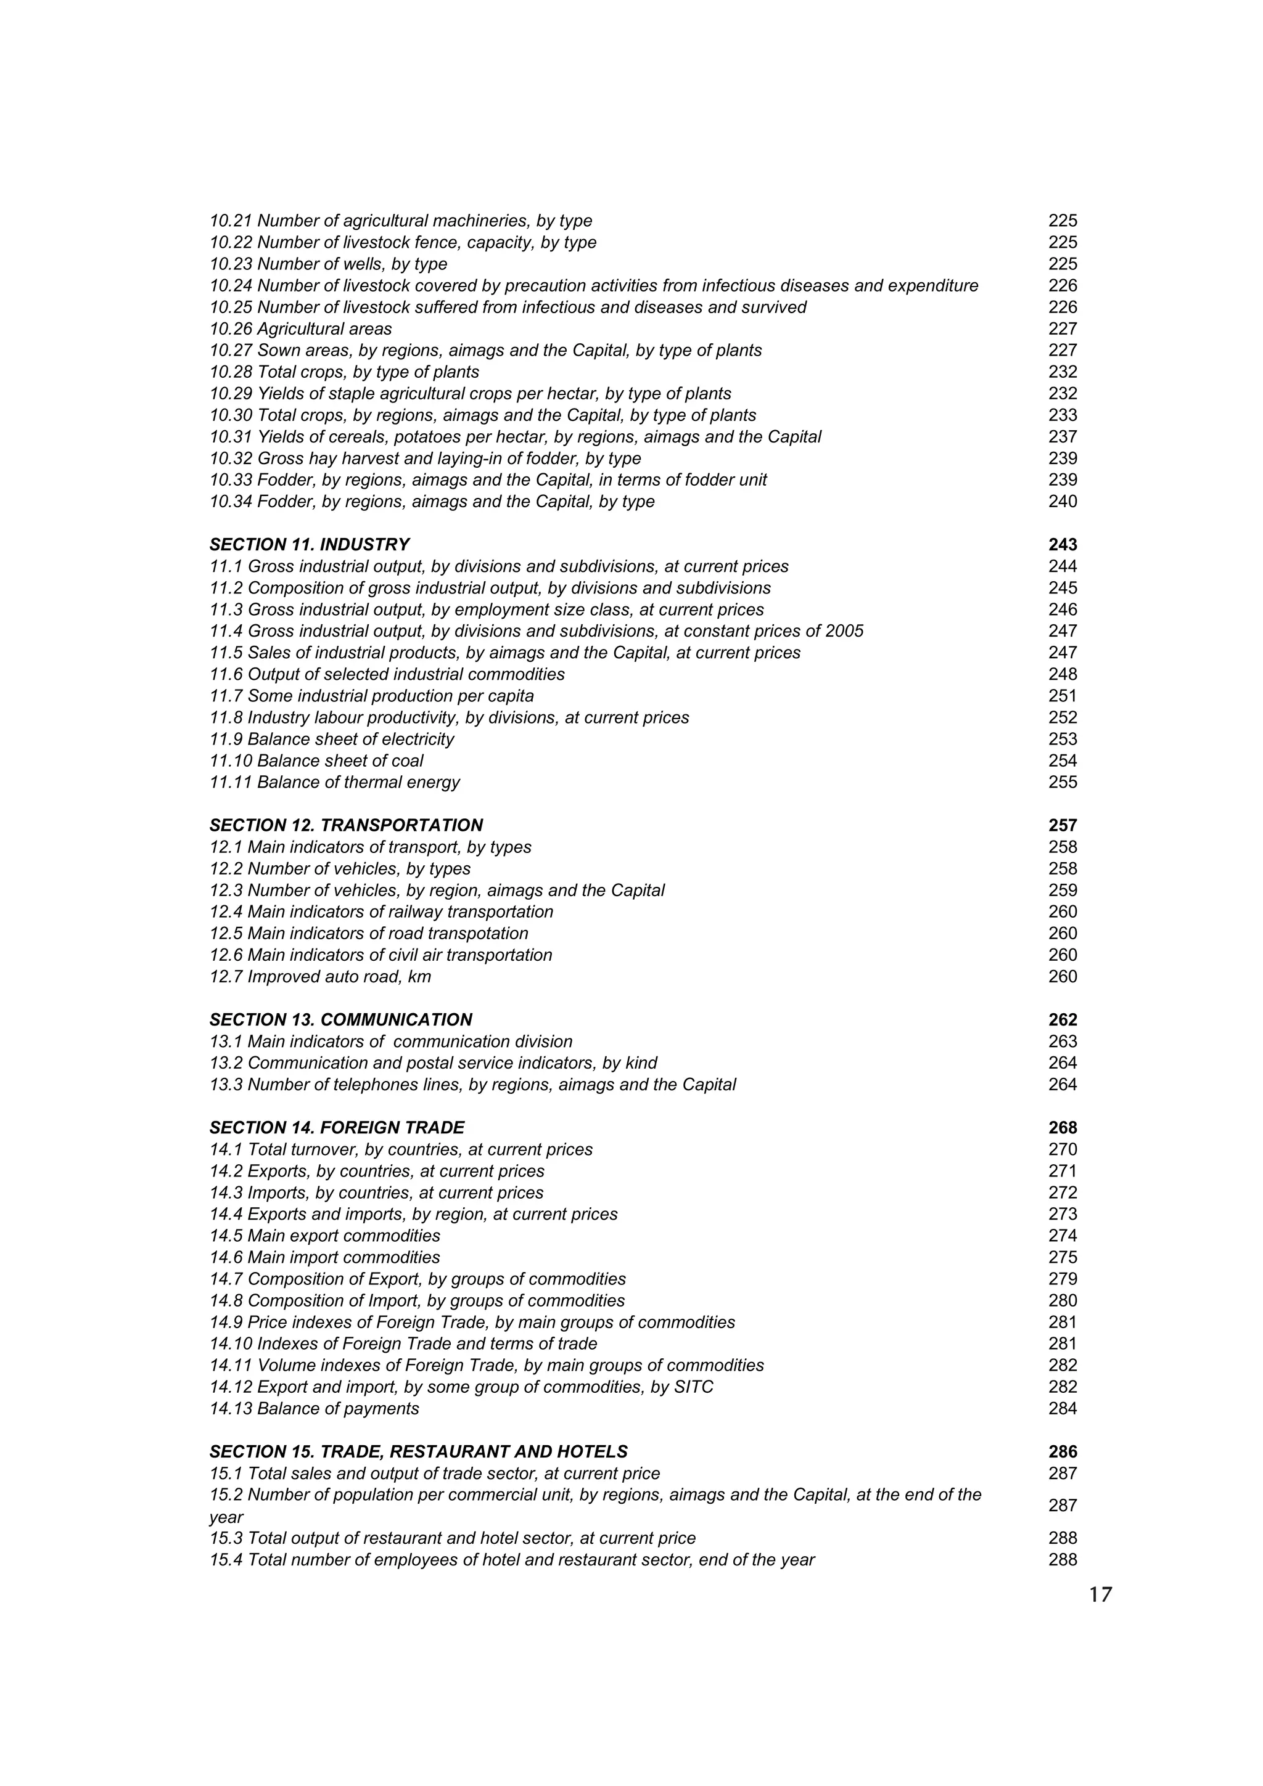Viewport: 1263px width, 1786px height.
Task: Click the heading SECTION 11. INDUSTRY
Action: coord(309,545)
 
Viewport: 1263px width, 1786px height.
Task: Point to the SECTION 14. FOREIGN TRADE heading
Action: coord(336,1128)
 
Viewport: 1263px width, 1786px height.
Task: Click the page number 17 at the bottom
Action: coord(1100,1596)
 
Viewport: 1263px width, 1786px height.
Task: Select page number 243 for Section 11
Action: coord(1062,545)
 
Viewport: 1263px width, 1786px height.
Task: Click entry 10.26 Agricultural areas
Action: coord(300,329)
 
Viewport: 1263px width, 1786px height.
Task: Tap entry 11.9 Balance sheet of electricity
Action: coord(332,739)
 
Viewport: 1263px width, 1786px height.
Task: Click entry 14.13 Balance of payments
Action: coord(314,1409)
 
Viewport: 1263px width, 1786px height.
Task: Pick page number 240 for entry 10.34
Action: coord(1062,502)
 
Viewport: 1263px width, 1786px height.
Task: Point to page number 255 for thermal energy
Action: coord(1062,783)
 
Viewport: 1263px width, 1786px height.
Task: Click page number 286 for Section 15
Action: coord(1062,1451)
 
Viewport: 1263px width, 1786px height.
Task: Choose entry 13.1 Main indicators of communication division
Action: coord(390,1042)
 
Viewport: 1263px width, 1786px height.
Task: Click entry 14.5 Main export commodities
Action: coord(324,1236)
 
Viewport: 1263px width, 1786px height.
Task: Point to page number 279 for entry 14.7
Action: coord(1062,1279)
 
